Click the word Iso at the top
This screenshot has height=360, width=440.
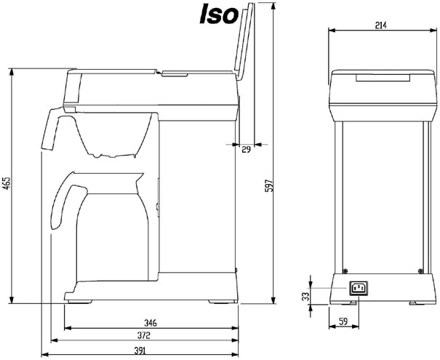pos(219,14)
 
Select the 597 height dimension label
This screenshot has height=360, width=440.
pos(269,185)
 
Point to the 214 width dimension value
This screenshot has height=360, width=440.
pos(381,25)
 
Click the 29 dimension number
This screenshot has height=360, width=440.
pos(246,150)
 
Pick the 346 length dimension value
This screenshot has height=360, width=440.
pos(151,323)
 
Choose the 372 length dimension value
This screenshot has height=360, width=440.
pos(143,335)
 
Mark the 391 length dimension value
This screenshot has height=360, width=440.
pos(140,351)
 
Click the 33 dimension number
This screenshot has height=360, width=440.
pos(305,296)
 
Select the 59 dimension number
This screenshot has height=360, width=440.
pos(343,321)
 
